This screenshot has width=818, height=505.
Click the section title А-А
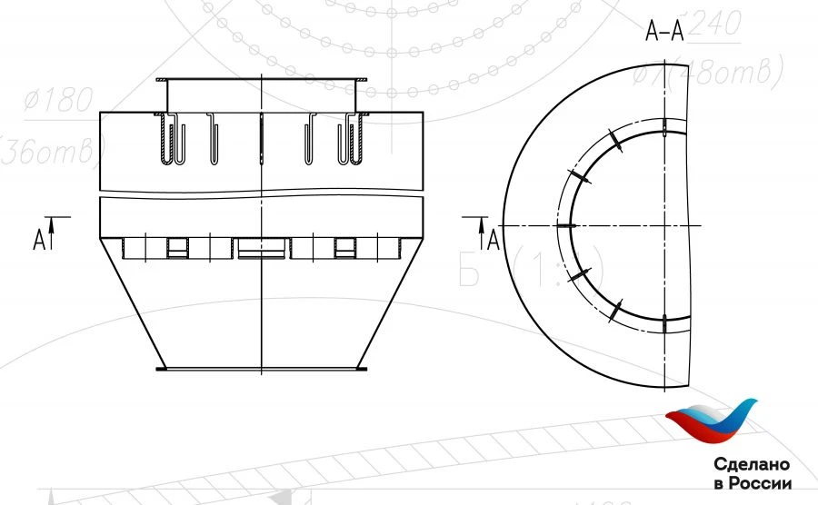pos(664,34)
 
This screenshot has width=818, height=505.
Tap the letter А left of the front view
pos(39,239)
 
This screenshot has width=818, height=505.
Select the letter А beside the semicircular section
pos(494,239)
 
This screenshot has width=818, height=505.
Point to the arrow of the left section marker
pos(54,233)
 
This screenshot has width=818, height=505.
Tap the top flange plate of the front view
pos(261,81)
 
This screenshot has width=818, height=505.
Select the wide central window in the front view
pos(261,247)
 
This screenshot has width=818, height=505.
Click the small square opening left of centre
pos(177,247)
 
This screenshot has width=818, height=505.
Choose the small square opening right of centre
pos(344,247)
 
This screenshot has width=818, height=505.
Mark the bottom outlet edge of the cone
pos(261,369)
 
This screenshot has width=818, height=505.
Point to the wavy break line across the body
pos(261,197)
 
